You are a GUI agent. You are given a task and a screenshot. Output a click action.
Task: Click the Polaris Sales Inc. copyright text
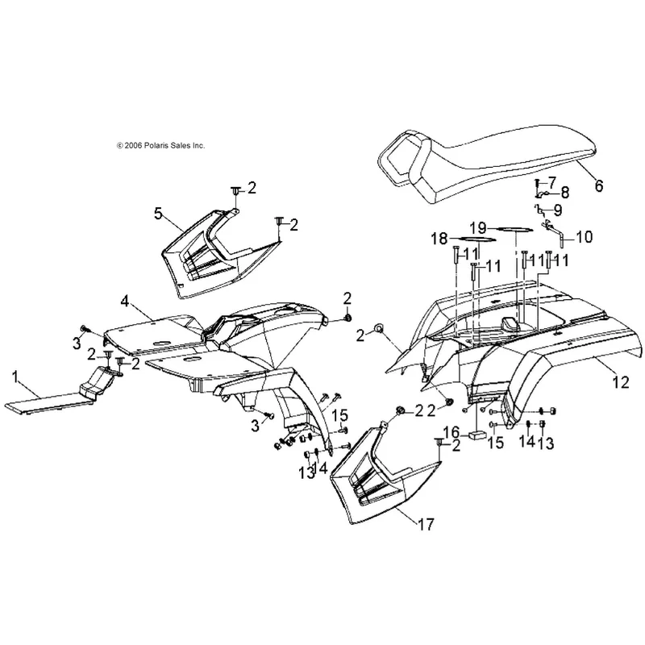(x=160, y=145)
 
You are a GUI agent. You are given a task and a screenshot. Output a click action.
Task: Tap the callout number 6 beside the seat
(x=599, y=186)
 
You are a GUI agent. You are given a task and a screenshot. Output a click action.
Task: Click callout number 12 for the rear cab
(x=621, y=382)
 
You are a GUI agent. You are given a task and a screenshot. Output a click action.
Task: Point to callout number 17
(x=426, y=525)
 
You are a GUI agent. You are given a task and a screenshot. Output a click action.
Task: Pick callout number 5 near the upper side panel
(x=158, y=213)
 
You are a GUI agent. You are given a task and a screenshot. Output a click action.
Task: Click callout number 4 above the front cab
(x=125, y=302)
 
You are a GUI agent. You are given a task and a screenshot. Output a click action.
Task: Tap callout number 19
(x=479, y=227)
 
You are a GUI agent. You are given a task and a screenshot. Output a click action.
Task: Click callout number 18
(x=439, y=238)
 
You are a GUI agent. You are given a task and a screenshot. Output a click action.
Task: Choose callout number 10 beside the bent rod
(x=584, y=236)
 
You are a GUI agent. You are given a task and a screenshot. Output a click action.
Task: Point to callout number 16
(x=451, y=433)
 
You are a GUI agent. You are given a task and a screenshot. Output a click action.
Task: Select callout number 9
(x=557, y=210)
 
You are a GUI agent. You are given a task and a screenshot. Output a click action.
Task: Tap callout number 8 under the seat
(x=565, y=193)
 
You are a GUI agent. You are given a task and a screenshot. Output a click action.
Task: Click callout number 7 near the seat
(x=551, y=182)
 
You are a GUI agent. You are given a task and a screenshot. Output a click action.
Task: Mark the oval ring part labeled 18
(x=473, y=238)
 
